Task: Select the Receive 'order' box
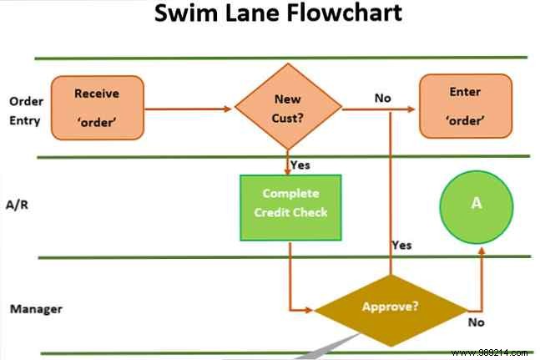tap(98, 107)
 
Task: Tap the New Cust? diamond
tap(288, 108)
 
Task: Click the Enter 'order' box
tap(464, 105)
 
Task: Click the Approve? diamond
tap(391, 307)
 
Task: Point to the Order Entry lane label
tap(26, 109)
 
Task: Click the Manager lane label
tap(36, 309)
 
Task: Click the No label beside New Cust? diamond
tap(382, 98)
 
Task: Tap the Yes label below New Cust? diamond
tap(300, 165)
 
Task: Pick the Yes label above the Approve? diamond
tap(401, 245)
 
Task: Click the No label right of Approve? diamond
tap(476, 321)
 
